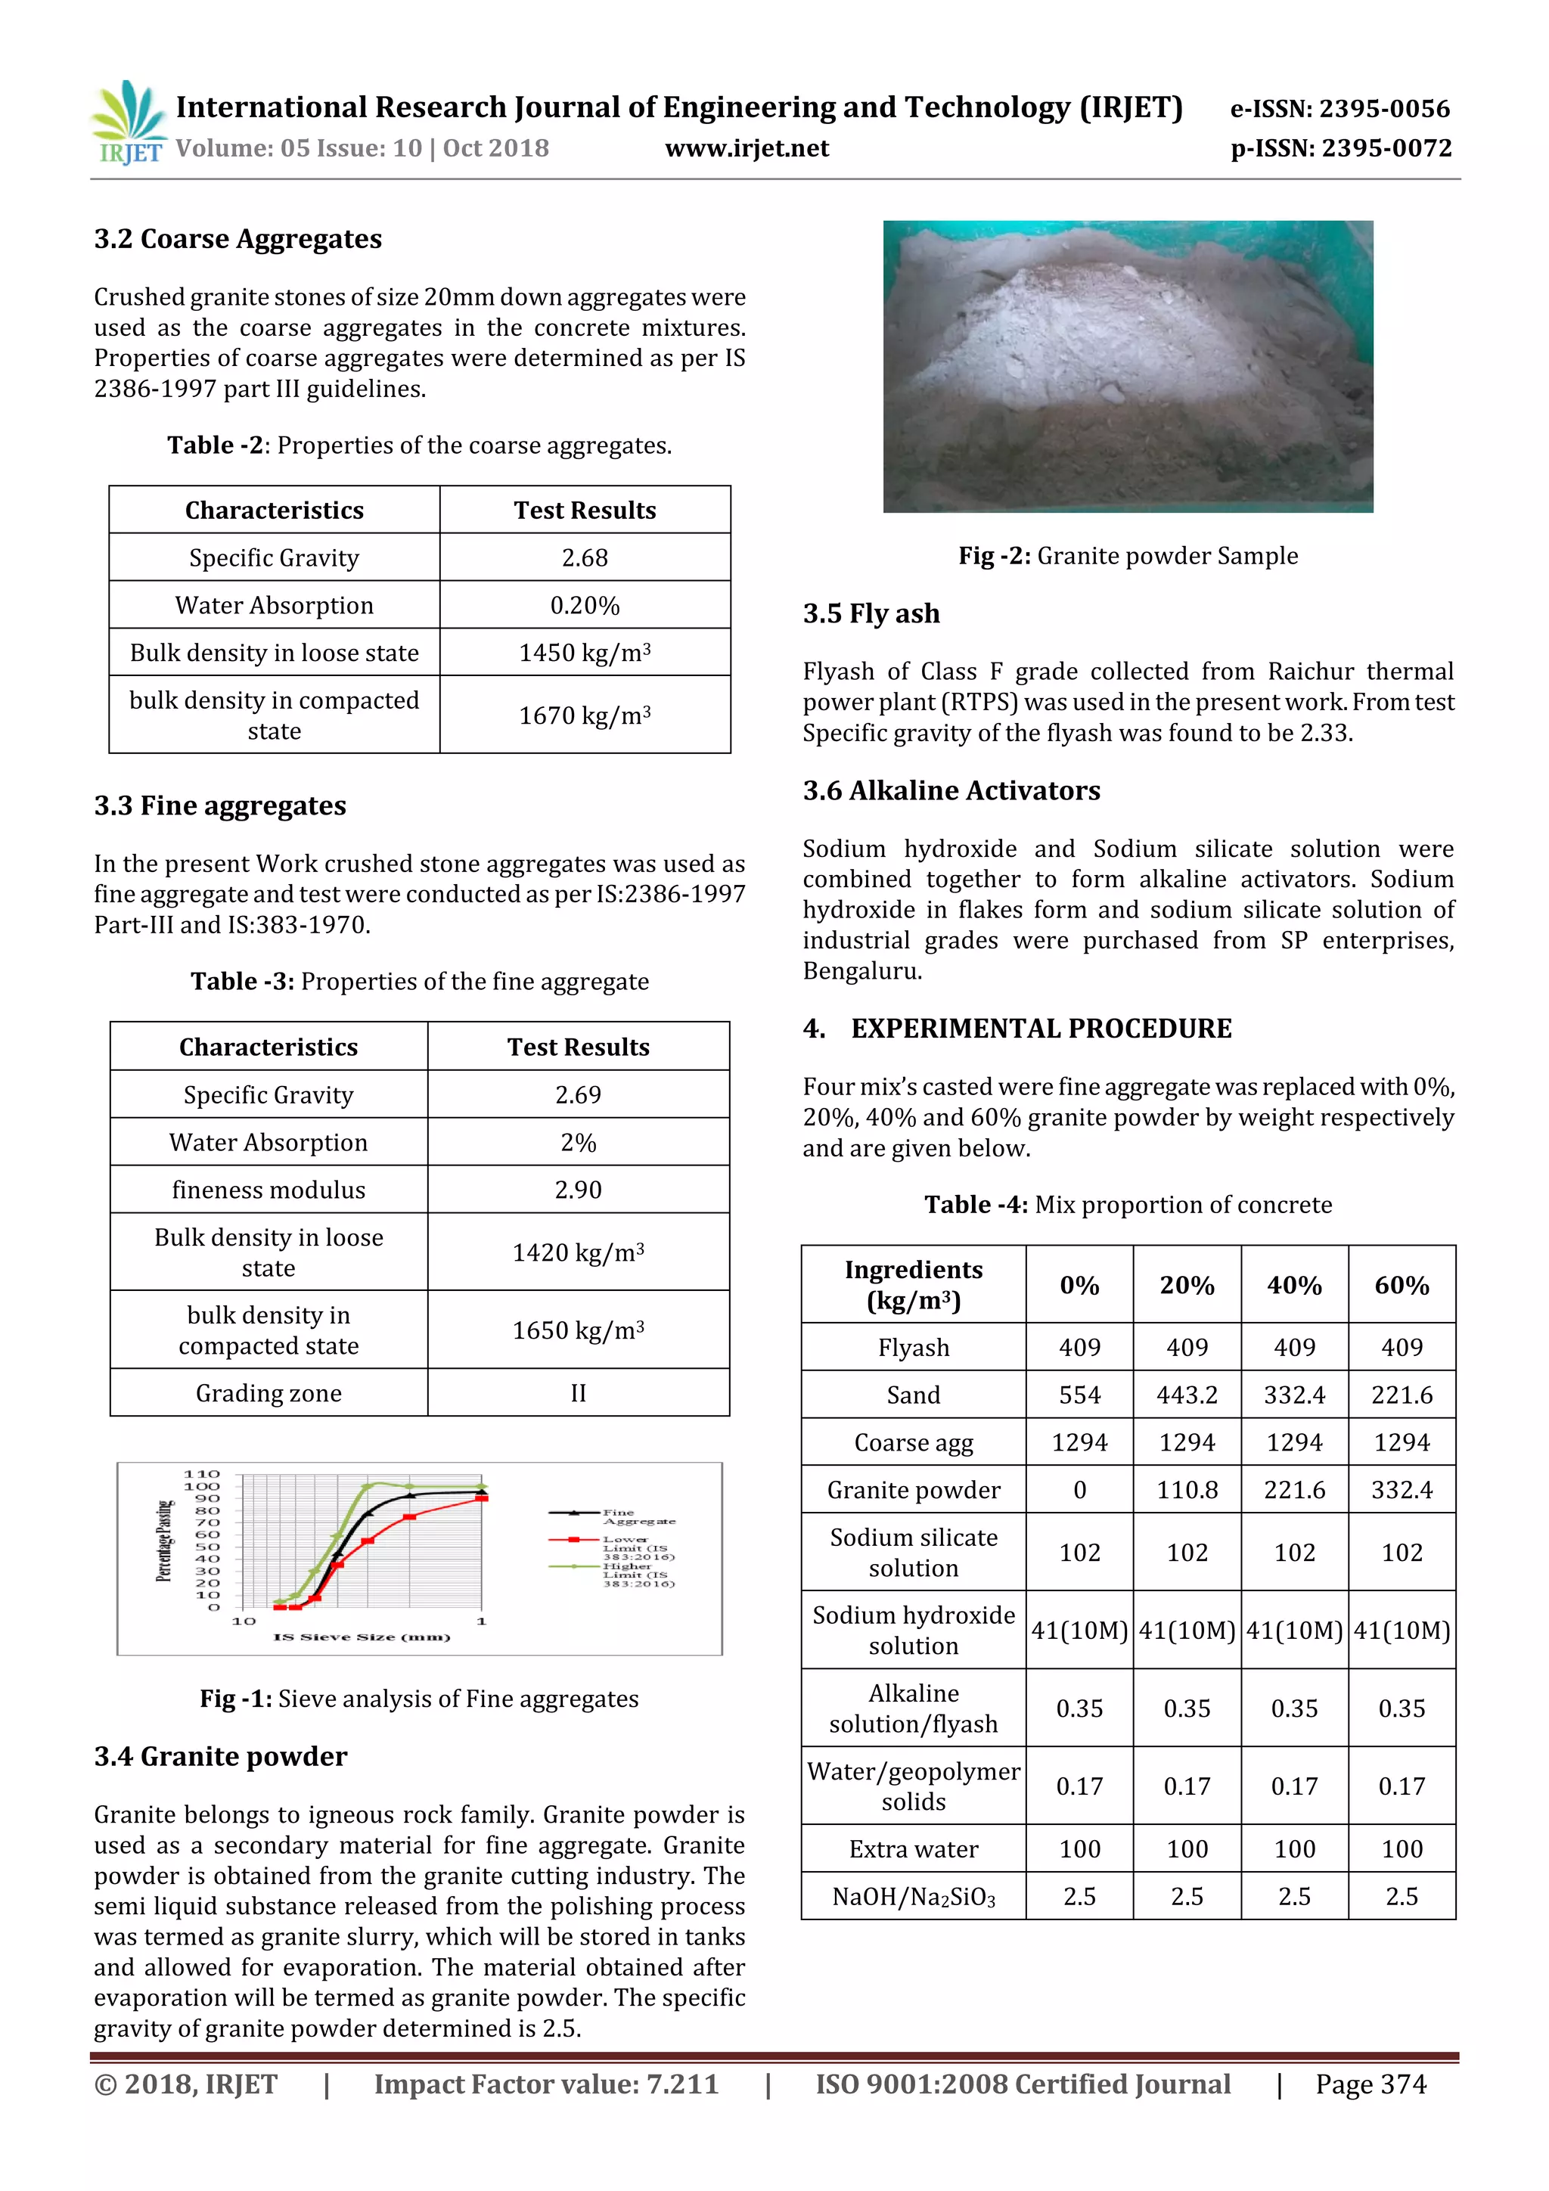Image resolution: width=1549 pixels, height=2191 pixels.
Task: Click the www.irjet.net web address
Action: pos(747,148)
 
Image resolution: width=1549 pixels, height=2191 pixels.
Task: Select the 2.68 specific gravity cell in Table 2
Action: pos(584,557)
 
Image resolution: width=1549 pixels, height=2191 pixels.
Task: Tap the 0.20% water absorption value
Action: pos(584,605)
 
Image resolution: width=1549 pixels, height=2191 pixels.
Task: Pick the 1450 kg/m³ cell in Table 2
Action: pos(584,653)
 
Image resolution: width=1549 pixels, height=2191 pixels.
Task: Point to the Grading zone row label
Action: pos(269,1393)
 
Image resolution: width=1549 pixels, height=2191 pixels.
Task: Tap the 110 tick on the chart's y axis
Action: pos(201,1474)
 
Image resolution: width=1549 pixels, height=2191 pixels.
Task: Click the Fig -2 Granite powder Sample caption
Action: pos(1128,555)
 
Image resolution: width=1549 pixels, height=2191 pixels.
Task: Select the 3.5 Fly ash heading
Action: pos(871,613)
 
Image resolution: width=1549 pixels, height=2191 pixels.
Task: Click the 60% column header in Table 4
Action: pos(1401,1286)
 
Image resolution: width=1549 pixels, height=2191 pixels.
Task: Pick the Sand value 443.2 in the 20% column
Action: pos(1186,1395)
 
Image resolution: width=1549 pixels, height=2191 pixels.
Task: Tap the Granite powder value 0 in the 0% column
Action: pos(1079,1490)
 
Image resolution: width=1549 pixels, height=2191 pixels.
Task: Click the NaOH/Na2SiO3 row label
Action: pos(914,1896)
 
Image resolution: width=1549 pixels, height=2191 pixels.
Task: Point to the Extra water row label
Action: pos(914,1849)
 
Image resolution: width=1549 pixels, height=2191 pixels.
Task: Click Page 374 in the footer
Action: pos(1371,2085)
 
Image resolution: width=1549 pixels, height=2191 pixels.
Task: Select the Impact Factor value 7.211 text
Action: pos(546,2085)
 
